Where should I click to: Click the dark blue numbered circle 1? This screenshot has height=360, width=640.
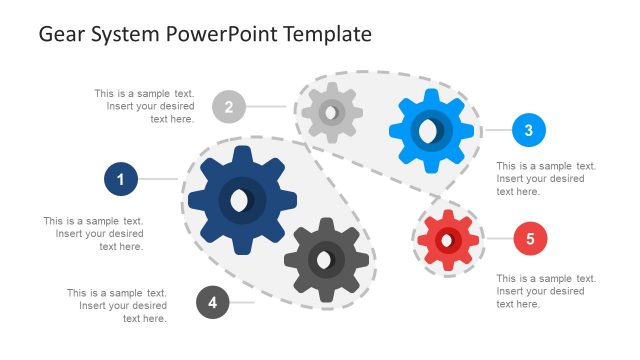(x=121, y=180)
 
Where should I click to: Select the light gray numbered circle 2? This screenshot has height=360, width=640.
(x=229, y=106)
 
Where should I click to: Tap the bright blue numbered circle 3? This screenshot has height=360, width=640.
(x=528, y=130)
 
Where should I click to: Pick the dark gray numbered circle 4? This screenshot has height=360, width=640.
(x=213, y=301)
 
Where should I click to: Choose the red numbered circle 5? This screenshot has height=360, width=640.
(x=530, y=239)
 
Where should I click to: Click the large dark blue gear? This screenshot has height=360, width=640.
(x=242, y=199)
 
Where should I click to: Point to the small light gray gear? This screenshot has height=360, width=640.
(x=332, y=112)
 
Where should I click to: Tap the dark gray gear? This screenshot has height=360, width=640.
(x=326, y=261)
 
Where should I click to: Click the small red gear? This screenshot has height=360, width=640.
(x=448, y=240)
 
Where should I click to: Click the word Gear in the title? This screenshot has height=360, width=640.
(x=61, y=34)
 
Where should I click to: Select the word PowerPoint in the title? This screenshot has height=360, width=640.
(x=218, y=34)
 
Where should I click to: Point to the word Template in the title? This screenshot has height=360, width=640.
(x=327, y=34)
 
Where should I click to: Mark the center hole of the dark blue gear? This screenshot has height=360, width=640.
(x=239, y=200)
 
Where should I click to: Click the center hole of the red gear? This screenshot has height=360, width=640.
(x=447, y=240)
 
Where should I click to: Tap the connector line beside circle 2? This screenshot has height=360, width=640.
(x=268, y=106)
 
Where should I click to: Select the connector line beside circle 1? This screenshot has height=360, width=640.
(x=158, y=180)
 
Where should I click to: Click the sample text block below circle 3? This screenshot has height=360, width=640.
(x=546, y=178)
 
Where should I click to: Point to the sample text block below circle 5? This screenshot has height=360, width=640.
(x=546, y=291)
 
